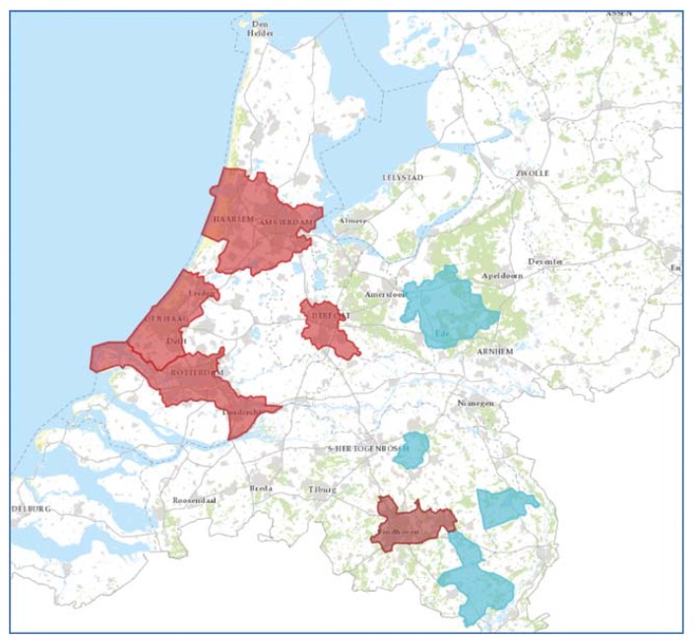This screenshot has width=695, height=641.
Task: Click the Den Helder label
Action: coord(261,29)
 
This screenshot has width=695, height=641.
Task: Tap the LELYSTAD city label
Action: coord(401,177)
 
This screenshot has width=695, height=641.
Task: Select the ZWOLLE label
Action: coord(532,173)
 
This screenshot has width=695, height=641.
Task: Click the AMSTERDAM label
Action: coord(286,224)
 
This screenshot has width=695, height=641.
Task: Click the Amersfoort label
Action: coord(386,294)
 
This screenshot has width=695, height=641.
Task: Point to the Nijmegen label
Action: coord(475,403)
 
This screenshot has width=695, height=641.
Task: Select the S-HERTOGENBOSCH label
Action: coord(366,448)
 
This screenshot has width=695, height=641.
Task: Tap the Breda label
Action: coord(261,488)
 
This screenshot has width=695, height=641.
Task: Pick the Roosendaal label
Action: coord(194,499)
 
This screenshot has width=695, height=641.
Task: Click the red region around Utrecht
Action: coord(330,330)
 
